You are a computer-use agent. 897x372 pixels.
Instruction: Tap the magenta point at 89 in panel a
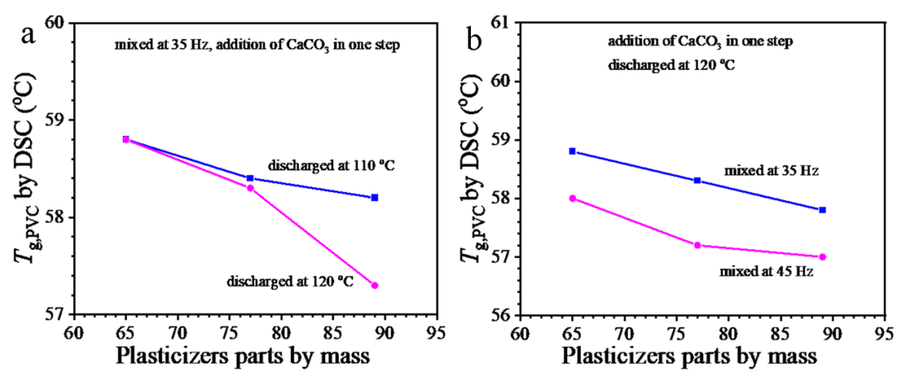(x=375, y=286)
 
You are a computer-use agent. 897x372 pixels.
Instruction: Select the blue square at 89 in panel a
(x=375, y=198)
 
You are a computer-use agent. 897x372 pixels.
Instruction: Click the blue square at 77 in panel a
(x=250, y=179)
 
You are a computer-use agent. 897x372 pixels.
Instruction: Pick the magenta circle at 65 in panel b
(x=572, y=198)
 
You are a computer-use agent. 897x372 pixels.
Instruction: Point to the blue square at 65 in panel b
(x=572, y=151)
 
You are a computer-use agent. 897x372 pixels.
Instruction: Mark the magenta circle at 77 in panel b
(x=697, y=245)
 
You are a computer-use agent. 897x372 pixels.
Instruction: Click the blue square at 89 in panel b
(x=822, y=210)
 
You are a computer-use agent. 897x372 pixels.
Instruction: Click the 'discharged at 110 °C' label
(x=330, y=166)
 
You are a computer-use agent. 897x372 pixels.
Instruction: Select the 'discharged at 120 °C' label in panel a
(x=290, y=282)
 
